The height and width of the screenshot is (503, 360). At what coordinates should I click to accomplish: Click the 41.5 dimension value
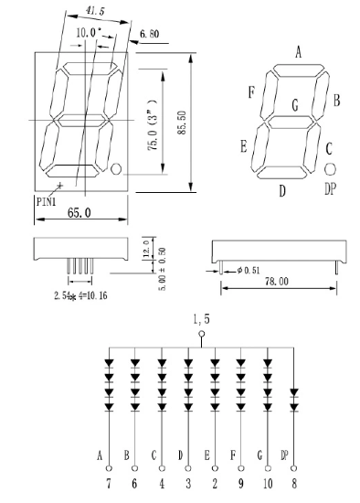pos(95,11)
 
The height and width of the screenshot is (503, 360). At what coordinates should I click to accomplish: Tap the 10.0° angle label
pos(89,32)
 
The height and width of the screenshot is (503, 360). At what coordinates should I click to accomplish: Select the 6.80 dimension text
pos(149,34)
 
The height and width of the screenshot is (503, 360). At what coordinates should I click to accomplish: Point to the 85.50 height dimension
pos(182,123)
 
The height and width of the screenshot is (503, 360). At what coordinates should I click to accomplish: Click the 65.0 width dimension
pos(79,212)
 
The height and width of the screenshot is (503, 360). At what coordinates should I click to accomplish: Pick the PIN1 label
pos(47,202)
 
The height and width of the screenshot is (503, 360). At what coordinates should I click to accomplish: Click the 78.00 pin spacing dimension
pos(277,282)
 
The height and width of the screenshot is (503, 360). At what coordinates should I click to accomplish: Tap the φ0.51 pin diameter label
pos(249,271)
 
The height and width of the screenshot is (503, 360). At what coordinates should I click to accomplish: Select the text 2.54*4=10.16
pos(80,295)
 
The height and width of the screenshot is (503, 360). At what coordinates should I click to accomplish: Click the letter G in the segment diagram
pos(295,104)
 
